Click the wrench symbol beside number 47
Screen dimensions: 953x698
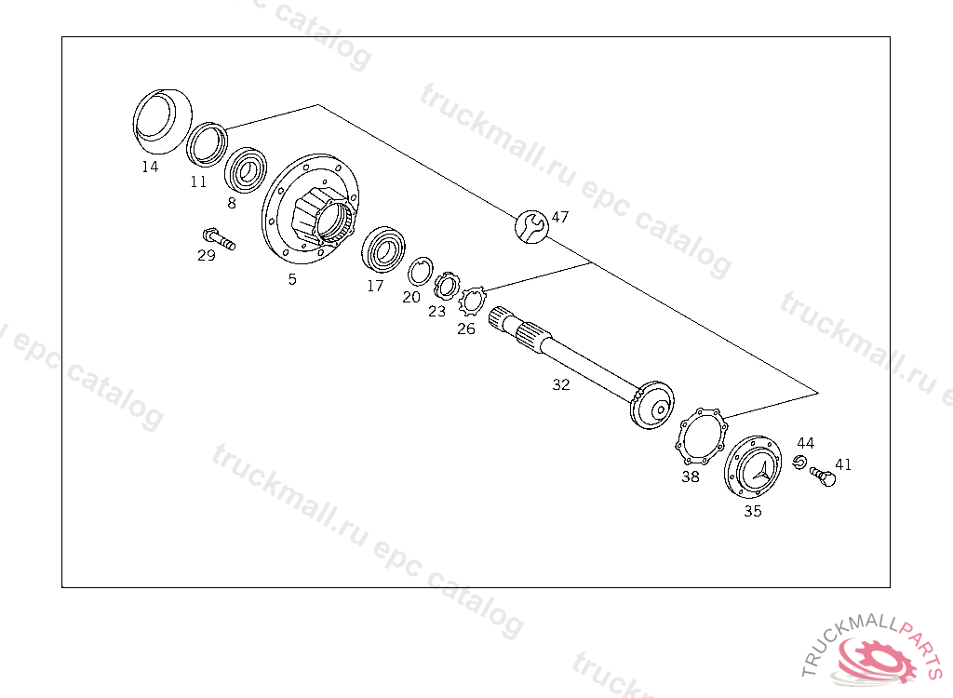tap(531, 227)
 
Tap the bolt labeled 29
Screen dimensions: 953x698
tap(219, 238)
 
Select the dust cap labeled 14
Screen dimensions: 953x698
tap(162, 121)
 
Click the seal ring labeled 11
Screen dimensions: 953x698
tap(207, 144)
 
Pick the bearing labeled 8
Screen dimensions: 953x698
tap(246, 170)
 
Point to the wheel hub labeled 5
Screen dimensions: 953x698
tap(310, 209)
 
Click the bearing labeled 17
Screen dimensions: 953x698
tap(383, 249)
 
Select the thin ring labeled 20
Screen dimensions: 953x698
tap(420, 271)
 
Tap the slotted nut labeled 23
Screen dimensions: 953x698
tap(447, 286)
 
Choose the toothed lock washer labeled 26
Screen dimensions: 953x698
tap(472, 301)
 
